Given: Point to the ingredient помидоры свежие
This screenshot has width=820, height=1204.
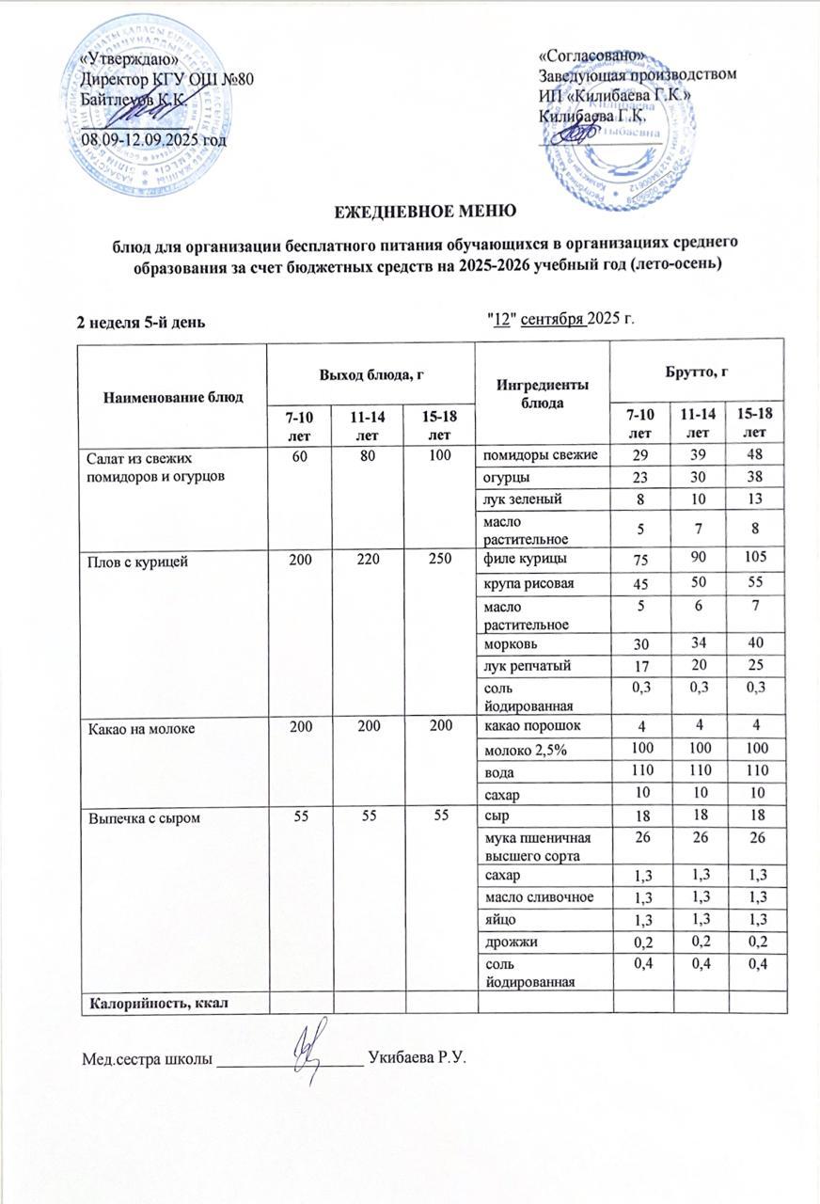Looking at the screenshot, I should [541, 456].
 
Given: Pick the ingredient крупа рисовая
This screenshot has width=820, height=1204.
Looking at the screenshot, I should [528, 584].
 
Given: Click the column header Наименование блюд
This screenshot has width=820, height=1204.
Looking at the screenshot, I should [173, 397].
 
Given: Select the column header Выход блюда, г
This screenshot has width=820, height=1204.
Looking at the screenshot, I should [371, 374].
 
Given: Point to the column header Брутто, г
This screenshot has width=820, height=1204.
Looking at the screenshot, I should [699, 372].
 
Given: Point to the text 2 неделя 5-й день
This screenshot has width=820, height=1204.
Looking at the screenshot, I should [141, 321].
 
